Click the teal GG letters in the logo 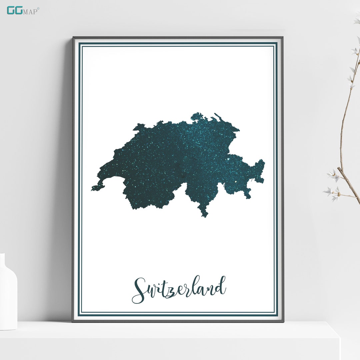pos(14,10)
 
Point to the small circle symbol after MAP pos(38,8)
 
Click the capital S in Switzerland pos(139,290)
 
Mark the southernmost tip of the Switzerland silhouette pos(204,216)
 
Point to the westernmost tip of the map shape pos(92,189)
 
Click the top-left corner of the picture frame pos(74,38)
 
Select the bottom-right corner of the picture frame pos(283,321)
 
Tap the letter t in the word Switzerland pos(164,287)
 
